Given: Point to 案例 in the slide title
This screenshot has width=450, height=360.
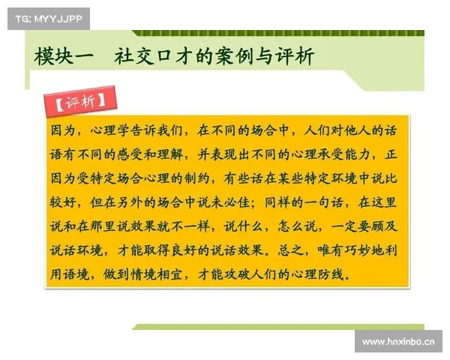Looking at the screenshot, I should pyautogui.click(x=237, y=57).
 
